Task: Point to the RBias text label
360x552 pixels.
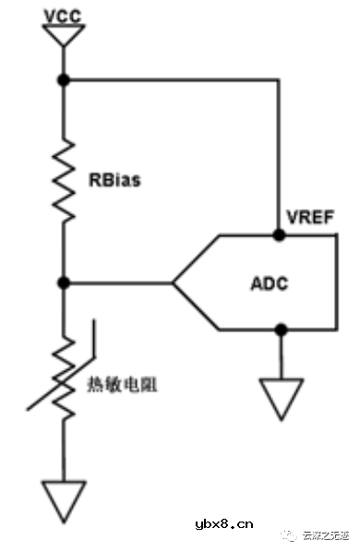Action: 115,180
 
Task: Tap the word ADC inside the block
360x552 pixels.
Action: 269,282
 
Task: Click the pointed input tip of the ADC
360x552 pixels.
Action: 174,282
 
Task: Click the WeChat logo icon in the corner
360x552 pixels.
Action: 290,534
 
